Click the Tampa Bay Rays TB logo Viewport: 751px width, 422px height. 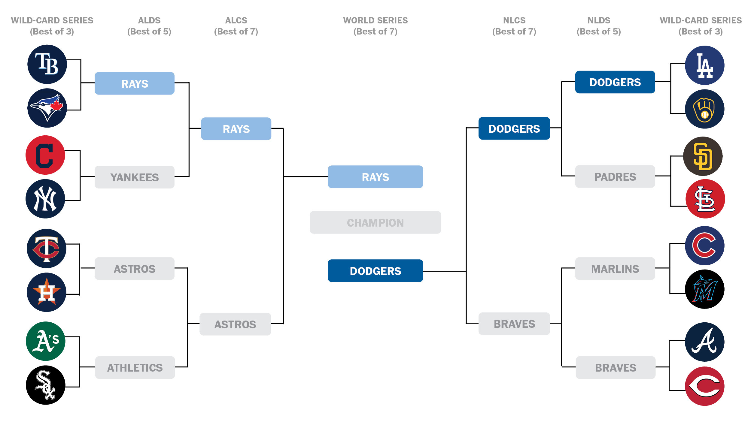tap(47, 64)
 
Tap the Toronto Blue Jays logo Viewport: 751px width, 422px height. tap(47, 108)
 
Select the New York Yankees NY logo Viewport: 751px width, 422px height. tap(45, 199)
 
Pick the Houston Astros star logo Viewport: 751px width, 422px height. tap(47, 292)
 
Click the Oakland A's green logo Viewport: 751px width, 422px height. tap(46, 341)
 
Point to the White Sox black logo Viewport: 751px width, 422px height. tap(46, 385)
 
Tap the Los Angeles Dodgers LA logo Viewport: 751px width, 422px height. tap(704, 65)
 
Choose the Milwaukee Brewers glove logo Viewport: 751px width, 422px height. tap(704, 109)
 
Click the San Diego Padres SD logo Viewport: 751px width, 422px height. tap(703, 156)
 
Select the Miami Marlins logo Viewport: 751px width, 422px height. tap(704, 289)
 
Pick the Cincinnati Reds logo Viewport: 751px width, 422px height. tap(704, 386)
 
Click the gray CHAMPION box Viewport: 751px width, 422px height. tap(375, 222)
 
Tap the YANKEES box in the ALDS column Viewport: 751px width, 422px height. tap(135, 177)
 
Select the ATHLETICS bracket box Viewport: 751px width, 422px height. tap(135, 367)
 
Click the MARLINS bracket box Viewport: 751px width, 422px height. tap(615, 269)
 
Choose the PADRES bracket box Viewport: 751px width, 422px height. tap(615, 176)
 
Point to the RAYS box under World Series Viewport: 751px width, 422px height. tap(375, 177)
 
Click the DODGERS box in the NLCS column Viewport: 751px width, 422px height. tap(514, 128)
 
